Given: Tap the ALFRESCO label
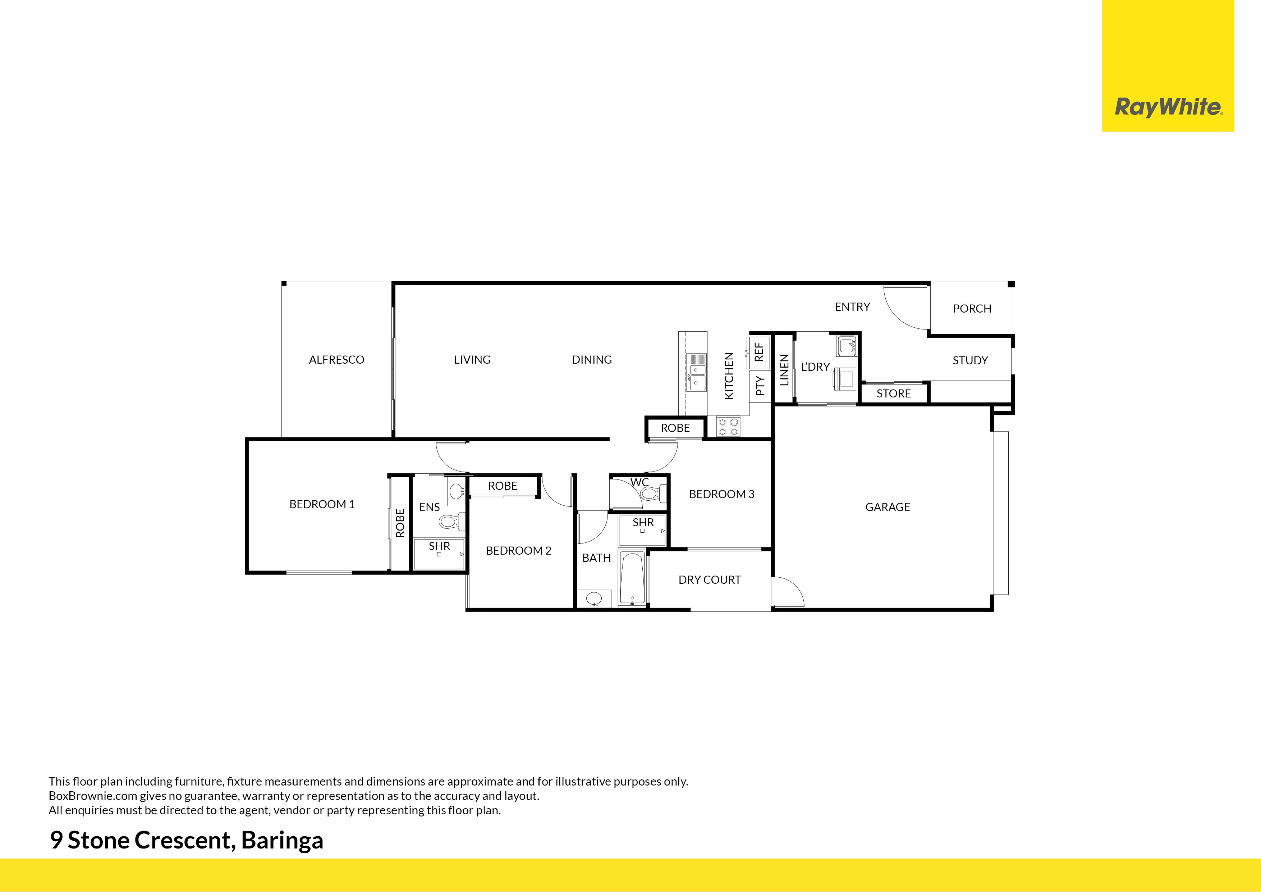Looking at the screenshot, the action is tap(337, 359).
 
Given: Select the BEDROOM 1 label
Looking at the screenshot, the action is tap(322, 504).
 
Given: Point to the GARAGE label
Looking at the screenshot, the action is tap(888, 507).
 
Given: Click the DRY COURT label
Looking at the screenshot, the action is tap(710, 580).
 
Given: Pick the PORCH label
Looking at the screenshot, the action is tap(972, 308).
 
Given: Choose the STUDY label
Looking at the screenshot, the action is tap(970, 360).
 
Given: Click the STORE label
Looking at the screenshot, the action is tap(894, 393).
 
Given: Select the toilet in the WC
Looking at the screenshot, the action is tap(651, 493).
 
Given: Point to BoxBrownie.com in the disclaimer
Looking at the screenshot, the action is tap(93, 796).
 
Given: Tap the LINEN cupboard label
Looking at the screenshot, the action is tap(784, 370).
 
